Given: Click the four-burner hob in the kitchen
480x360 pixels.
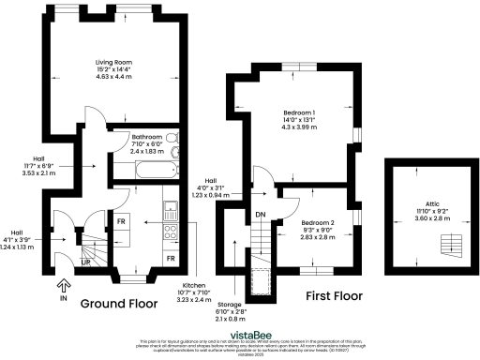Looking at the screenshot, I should click(x=170, y=231).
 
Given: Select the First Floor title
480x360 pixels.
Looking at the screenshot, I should click(x=335, y=295).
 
